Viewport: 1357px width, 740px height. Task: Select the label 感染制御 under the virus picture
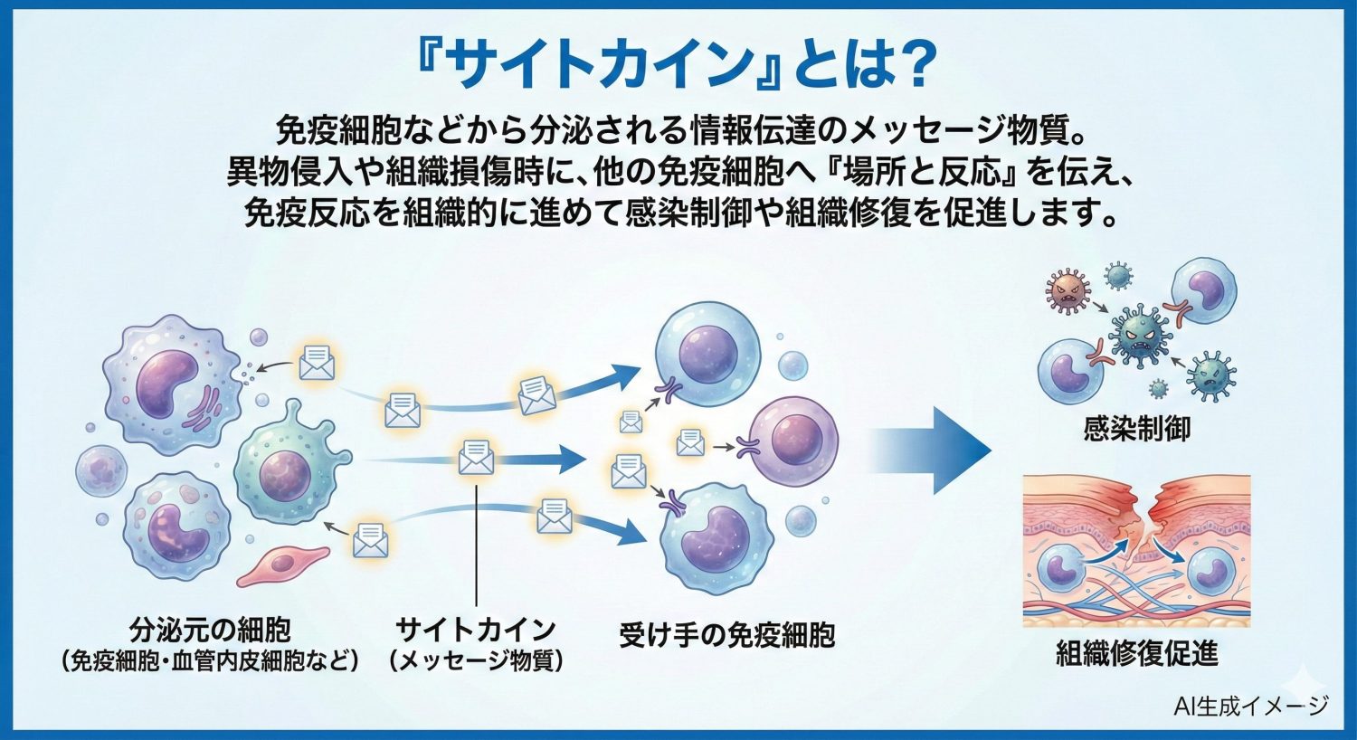[x=1136, y=428]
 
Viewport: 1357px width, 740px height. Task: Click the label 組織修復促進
[x=1136, y=652]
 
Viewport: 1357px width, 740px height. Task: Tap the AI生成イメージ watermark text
[x=1250, y=706]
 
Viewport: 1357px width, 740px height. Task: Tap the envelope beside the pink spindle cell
[x=369, y=540]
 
